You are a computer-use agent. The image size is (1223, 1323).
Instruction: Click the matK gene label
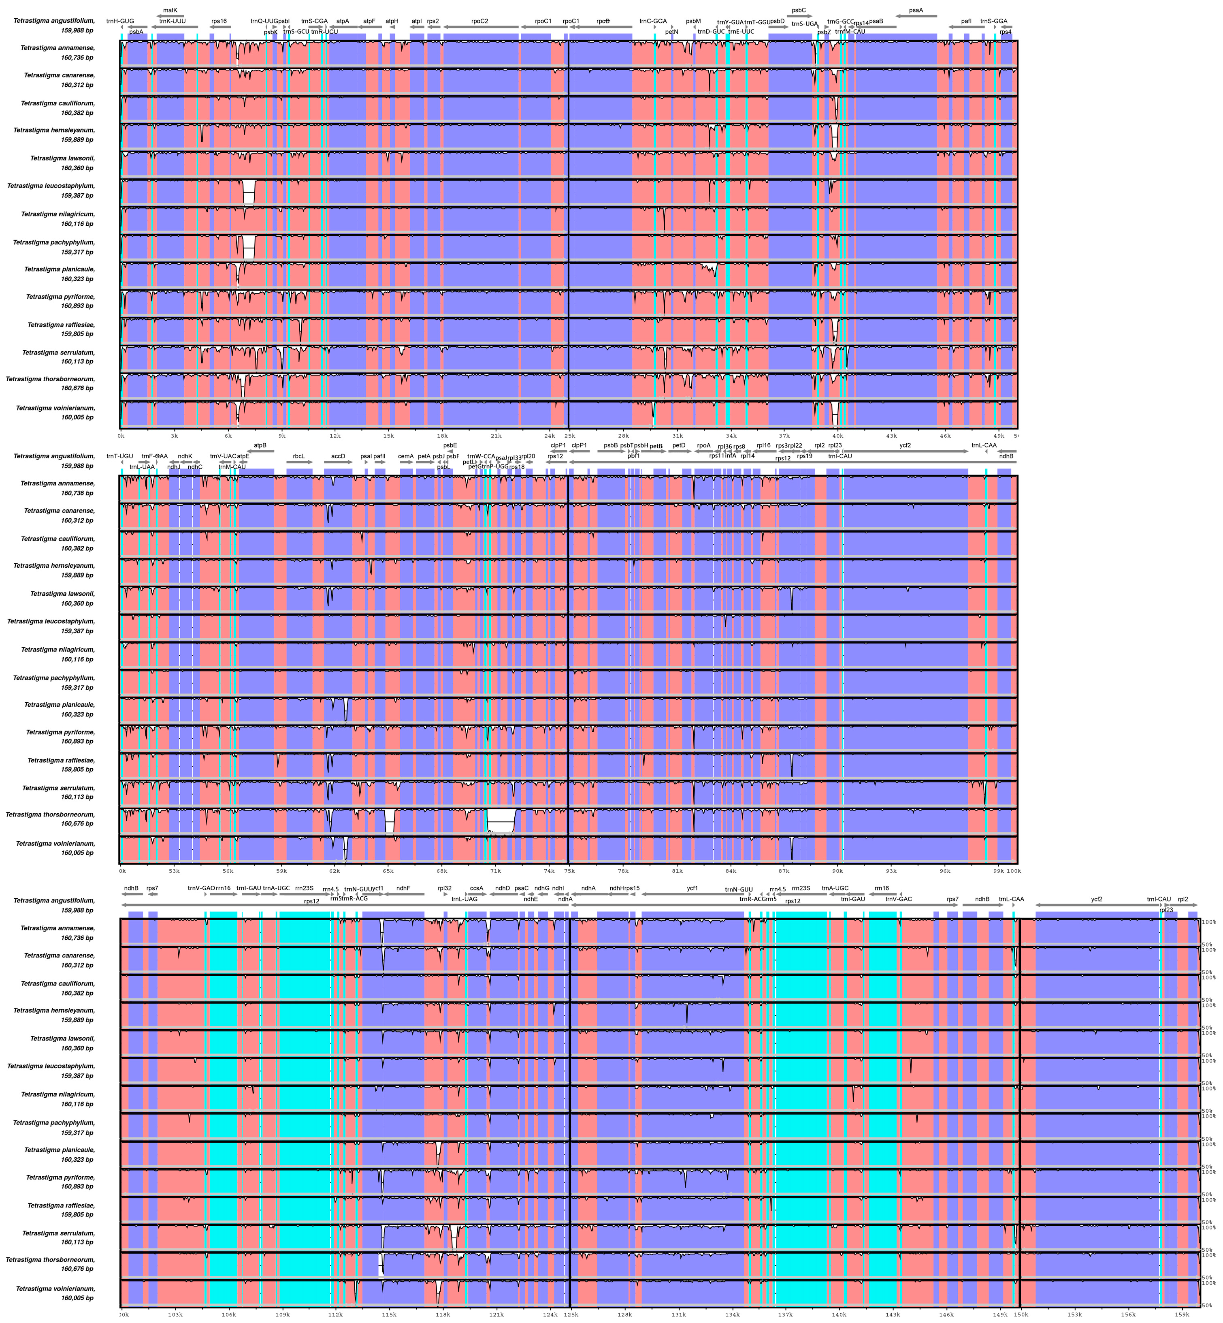[170, 10]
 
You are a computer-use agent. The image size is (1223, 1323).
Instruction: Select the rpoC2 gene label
[480, 21]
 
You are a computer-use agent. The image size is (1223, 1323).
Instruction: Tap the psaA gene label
[916, 11]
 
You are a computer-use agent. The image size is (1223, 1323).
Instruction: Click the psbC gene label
[799, 11]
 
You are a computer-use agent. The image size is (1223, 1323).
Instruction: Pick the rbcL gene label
[298, 456]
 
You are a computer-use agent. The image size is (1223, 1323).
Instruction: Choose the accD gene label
[338, 456]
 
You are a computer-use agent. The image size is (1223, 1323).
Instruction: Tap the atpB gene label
[260, 446]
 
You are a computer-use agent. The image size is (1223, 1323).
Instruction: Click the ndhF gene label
[403, 889]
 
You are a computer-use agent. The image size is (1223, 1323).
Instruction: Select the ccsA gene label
[477, 889]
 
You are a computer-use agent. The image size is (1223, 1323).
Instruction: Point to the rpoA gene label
[703, 446]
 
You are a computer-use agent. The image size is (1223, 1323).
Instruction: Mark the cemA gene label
[406, 456]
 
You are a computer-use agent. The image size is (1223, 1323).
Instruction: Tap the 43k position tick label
[891, 436]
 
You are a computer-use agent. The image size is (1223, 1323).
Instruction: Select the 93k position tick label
[891, 872]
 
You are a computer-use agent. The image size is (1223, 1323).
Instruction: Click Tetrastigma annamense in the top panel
[58, 48]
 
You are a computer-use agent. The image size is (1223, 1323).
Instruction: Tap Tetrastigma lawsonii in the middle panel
[62, 594]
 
